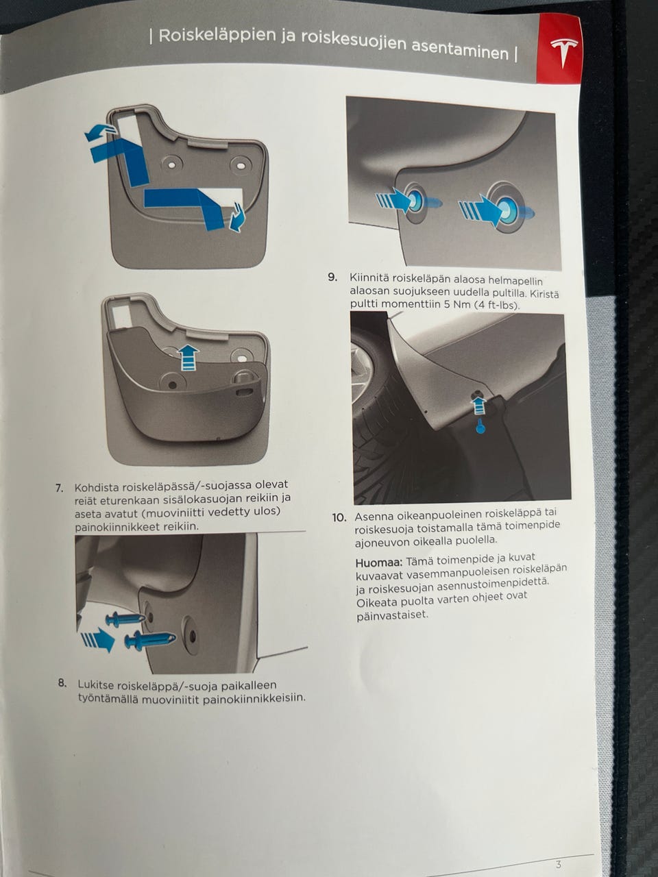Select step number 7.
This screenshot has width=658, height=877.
60,488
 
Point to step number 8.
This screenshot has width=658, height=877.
62,683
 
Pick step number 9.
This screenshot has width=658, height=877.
332,277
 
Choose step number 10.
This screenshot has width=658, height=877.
339,518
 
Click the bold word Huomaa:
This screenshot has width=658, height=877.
379,563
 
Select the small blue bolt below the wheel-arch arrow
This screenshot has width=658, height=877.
480,428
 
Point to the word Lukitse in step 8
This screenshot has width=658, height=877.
95,684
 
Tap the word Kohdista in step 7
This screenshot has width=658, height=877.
97,488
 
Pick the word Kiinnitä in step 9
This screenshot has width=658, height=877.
369,277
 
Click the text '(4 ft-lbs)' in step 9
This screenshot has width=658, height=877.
498,306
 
